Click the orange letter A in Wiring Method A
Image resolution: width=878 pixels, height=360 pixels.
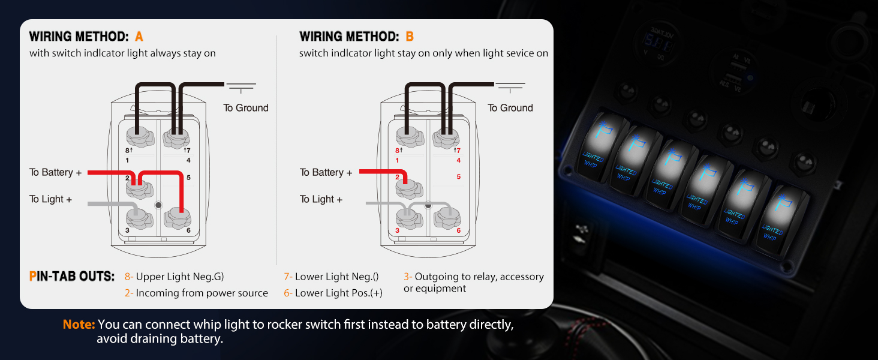(x=139, y=37)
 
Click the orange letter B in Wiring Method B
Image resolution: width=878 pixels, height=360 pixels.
(x=410, y=37)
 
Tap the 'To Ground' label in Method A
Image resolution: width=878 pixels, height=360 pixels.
(x=246, y=108)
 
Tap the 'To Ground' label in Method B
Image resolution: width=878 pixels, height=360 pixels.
(x=510, y=108)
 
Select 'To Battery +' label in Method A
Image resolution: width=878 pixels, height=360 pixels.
(x=55, y=173)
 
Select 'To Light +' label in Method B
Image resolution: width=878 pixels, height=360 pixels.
(x=321, y=199)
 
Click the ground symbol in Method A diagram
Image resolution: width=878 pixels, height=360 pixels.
(x=241, y=87)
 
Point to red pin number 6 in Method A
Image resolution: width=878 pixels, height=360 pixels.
(x=188, y=230)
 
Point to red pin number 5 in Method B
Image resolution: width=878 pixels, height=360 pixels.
(x=459, y=177)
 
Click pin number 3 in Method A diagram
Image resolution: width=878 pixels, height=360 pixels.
(x=127, y=230)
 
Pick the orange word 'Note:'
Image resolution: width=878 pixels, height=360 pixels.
(x=79, y=325)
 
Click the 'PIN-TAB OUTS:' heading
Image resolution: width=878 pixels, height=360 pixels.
(x=71, y=277)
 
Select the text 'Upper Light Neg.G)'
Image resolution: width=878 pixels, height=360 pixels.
(x=180, y=277)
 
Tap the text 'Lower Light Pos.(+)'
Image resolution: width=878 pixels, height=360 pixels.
(x=338, y=293)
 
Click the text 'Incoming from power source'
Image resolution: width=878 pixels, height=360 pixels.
(x=202, y=293)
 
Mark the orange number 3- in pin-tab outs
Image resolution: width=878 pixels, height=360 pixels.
(x=408, y=277)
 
